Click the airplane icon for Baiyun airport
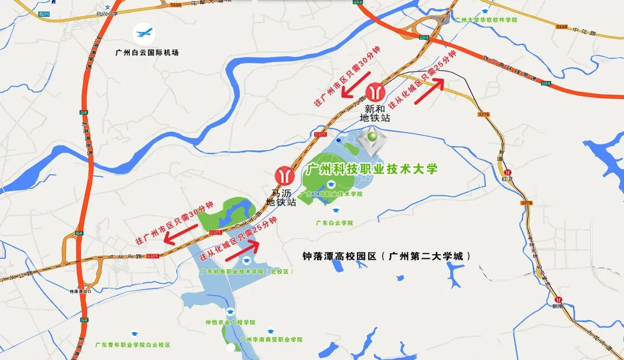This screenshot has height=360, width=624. point(143,33)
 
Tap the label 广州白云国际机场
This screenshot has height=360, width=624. point(147,53)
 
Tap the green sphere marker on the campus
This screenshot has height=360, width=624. point(373,136)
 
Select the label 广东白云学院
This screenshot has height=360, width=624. point(334,222)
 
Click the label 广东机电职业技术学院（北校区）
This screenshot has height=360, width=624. point(247,271)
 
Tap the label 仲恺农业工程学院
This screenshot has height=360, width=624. point(230,322)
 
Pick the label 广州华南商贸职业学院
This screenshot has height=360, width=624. point(271,340)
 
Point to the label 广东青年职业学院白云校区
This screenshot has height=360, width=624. point(133,344)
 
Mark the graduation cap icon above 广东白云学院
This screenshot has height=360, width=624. point(335,211)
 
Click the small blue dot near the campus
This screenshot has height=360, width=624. point(339,140)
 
